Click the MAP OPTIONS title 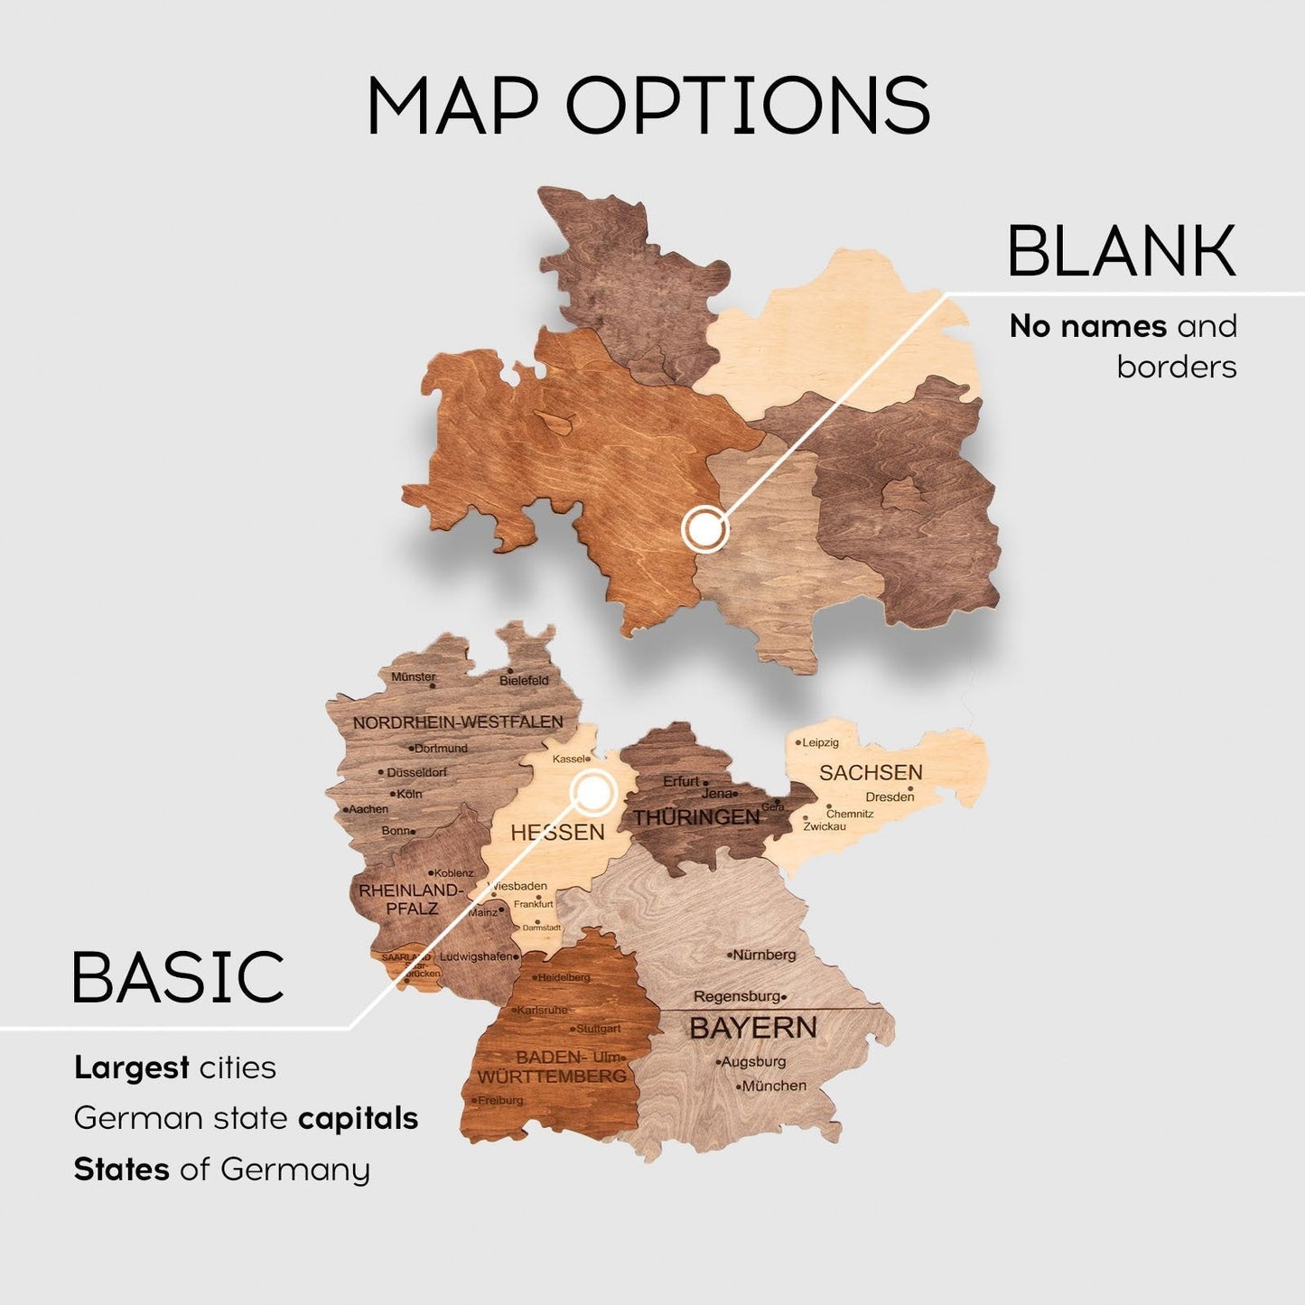coord(648,106)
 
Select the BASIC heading coord(178,977)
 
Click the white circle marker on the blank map coord(705,528)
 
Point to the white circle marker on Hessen coord(592,793)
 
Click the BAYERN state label coord(752,1028)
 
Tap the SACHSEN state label coord(871,772)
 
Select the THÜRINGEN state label coord(696,817)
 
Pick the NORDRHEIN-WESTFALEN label coord(458,722)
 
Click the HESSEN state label coord(557,832)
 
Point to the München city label coord(773,1086)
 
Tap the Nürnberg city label coord(764,955)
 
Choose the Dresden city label coord(889,797)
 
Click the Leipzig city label coord(820,742)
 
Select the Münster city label coord(414,676)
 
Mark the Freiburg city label coord(500,1100)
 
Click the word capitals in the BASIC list coord(358,1118)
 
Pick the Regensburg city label coord(737,996)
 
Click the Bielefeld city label coord(524,680)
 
